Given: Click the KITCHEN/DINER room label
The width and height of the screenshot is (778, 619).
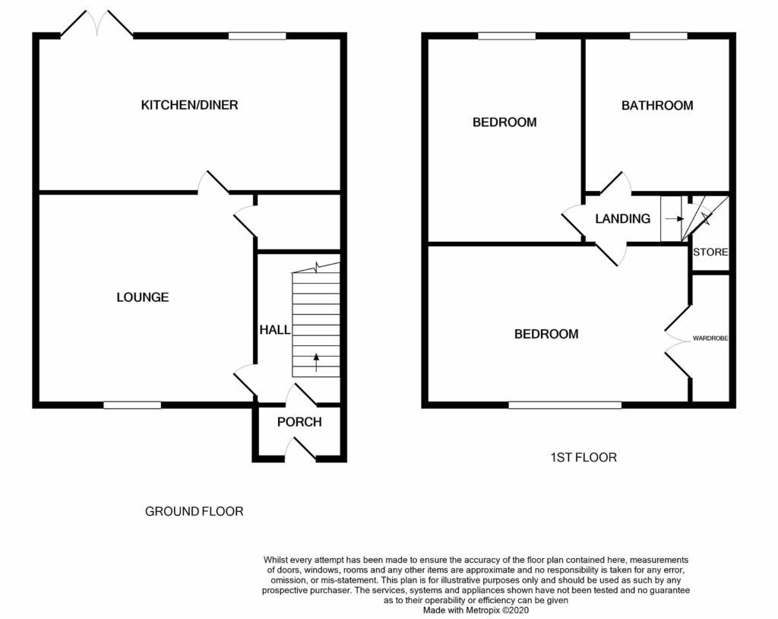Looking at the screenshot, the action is [x=189, y=105].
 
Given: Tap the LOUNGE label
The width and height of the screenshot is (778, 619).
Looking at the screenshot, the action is [x=143, y=297].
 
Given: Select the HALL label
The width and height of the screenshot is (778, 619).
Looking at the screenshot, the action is [x=275, y=329].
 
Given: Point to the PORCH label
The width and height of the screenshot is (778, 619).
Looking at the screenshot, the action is [x=299, y=422].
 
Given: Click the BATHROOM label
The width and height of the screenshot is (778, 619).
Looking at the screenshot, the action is [x=657, y=105].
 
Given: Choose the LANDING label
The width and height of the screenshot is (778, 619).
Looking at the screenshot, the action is [x=623, y=218].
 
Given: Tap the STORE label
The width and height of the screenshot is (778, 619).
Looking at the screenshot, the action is [x=710, y=252].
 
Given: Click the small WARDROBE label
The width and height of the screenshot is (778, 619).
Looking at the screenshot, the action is [x=710, y=338].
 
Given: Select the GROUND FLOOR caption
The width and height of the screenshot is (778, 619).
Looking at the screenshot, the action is [x=194, y=511].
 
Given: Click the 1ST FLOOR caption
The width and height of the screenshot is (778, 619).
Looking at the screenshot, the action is [x=583, y=457].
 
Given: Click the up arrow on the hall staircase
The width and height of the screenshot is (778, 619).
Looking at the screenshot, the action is [x=316, y=362].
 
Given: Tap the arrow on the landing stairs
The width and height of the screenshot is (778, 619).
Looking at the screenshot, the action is [x=675, y=218].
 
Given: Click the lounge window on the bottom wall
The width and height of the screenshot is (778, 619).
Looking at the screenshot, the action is [x=132, y=405].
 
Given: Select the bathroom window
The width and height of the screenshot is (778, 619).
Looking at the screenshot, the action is [x=659, y=36].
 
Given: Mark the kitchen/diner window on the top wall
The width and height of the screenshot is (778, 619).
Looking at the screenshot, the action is [x=258, y=36].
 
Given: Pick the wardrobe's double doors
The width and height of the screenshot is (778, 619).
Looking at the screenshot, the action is [x=677, y=341].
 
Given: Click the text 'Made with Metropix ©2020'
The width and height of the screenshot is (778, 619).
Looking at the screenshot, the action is [x=476, y=610].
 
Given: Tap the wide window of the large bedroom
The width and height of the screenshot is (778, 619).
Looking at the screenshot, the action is [x=565, y=405].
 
